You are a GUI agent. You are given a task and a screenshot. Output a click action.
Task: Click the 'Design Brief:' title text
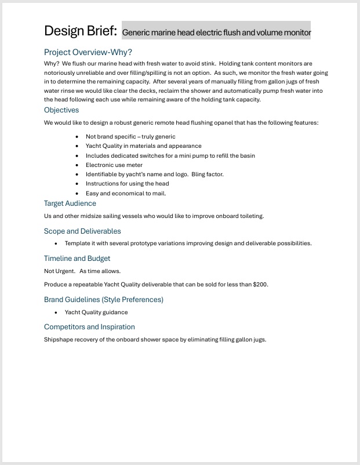click(x=81, y=31)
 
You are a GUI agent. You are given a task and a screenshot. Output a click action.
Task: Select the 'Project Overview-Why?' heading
click(x=88, y=52)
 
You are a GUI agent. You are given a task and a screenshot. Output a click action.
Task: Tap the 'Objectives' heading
click(x=61, y=110)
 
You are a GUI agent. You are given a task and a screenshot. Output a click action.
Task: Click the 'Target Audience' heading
click(x=70, y=204)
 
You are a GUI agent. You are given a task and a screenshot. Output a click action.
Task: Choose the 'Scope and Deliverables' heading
click(x=82, y=231)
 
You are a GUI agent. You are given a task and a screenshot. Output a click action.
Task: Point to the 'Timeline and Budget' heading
click(x=77, y=259)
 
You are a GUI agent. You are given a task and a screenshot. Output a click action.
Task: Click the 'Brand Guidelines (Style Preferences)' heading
click(x=104, y=300)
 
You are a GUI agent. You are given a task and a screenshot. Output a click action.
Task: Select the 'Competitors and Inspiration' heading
click(x=89, y=327)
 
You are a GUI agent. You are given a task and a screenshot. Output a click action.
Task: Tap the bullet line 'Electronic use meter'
click(x=114, y=165)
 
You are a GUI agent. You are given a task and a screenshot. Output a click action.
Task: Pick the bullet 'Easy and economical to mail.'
click(x=126, y=193)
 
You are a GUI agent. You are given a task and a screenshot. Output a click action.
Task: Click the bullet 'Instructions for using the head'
click(x=128, y=184)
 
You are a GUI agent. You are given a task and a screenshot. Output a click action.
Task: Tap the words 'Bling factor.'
click(x=208, y=174)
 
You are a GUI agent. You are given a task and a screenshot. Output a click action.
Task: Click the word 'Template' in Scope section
click(x=77, y=244)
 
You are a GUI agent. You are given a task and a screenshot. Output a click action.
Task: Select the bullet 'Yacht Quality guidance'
click(x=96, y=312)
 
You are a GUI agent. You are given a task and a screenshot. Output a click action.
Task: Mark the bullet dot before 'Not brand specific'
click(x=78, y=137)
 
